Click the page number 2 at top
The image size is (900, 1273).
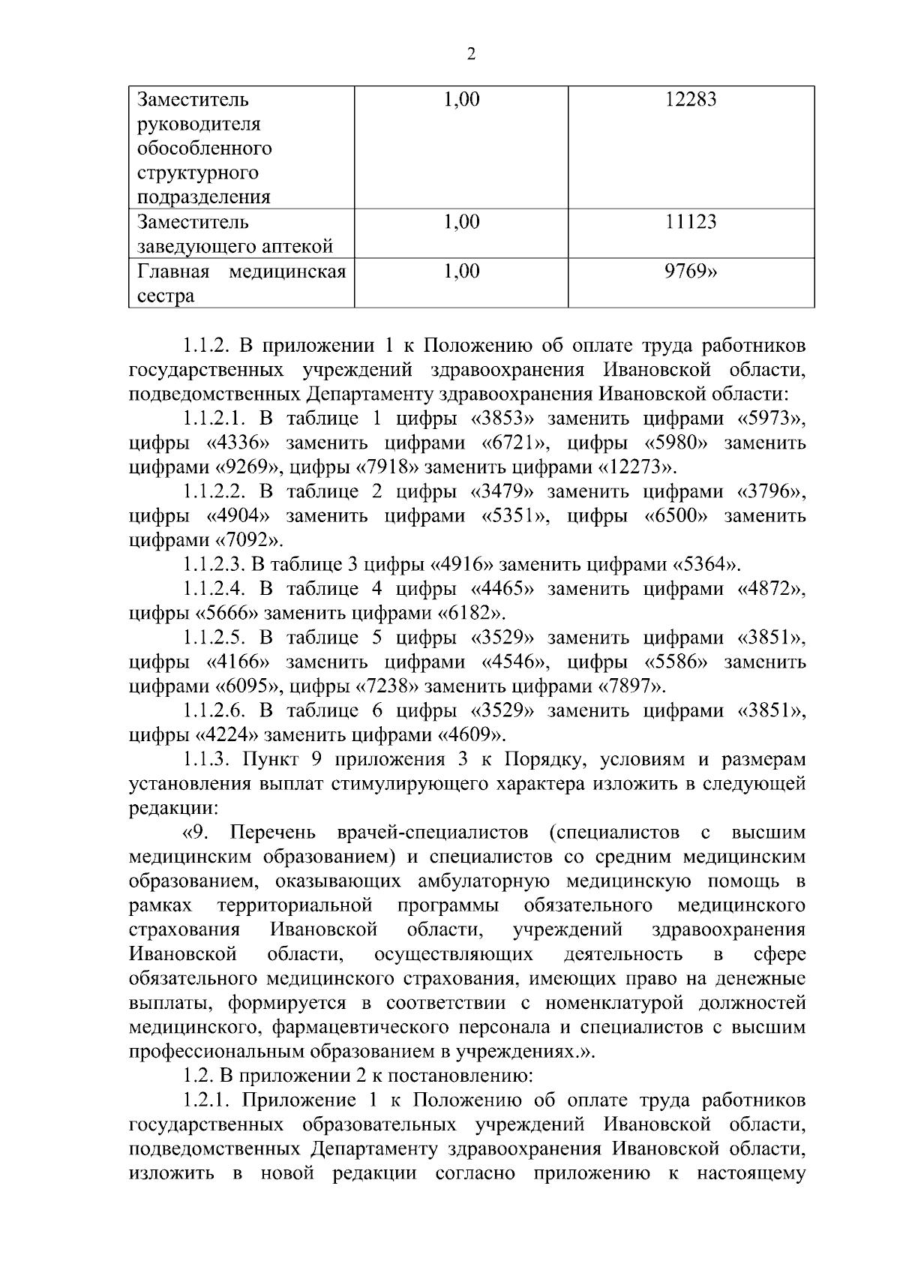pos(471,53)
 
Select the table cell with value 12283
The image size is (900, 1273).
pos(690,99)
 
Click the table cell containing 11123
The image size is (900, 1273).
pos(690,222)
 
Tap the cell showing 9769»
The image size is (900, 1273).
pos(690,272)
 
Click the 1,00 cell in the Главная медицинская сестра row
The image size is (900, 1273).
pos(461,272)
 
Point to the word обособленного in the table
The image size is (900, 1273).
pos(204,149)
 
